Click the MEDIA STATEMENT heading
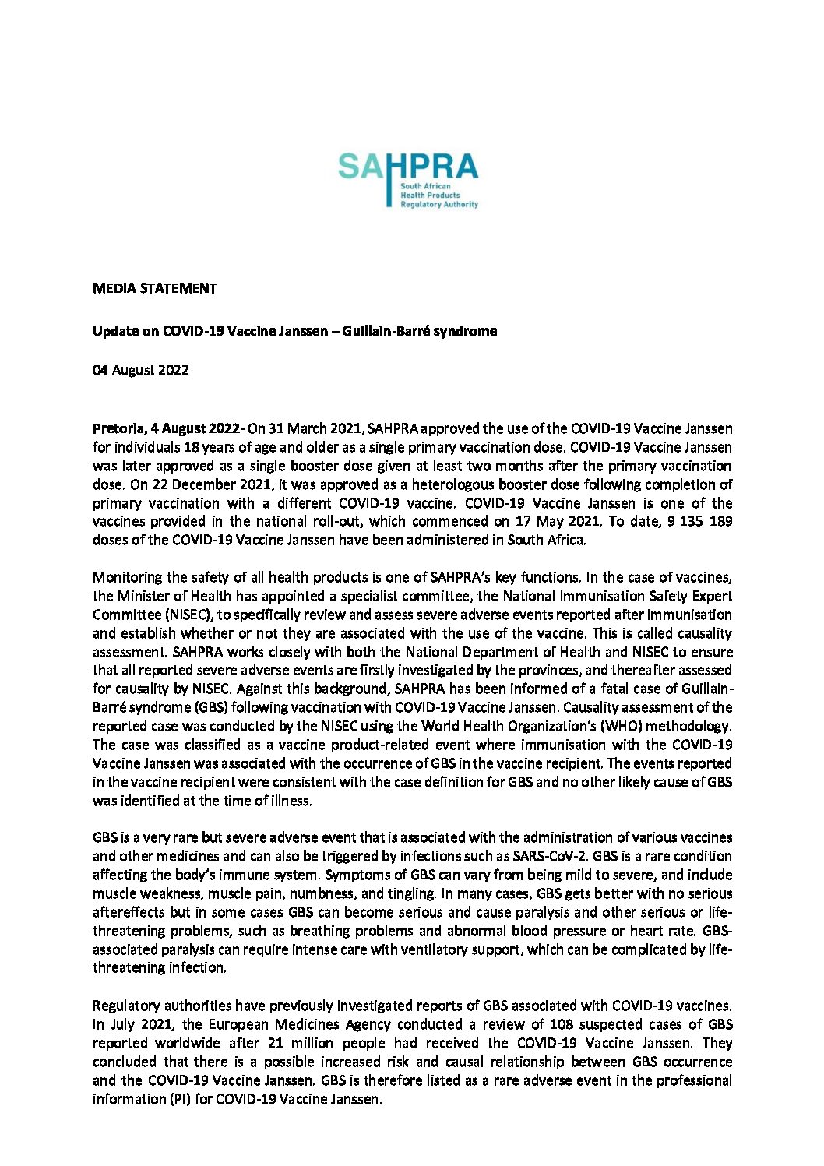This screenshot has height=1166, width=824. (x=154, y=288)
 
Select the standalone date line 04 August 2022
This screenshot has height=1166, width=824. (x=140, y=370)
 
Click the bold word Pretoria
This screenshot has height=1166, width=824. (x=117, y=428)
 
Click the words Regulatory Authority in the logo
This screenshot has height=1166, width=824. (x=438, y=204)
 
